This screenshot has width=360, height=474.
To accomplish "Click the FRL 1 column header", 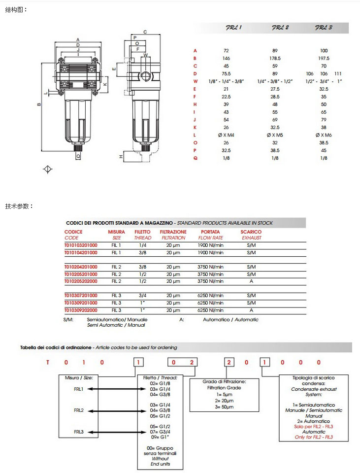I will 233,28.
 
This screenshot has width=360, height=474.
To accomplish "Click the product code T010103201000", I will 81,245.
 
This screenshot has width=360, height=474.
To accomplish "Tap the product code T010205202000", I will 81,281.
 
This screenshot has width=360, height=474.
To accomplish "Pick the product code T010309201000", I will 81,303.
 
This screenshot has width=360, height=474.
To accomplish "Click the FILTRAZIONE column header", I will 173,232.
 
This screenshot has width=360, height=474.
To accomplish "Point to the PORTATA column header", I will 210,232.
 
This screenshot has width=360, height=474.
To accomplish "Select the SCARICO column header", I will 251,232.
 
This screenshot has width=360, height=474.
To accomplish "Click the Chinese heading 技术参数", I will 18,206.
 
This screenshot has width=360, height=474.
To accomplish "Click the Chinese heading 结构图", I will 16,10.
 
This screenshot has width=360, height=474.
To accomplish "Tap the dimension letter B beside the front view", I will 39,104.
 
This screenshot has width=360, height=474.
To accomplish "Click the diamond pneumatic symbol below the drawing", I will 48,169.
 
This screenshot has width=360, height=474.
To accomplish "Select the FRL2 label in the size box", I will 79,410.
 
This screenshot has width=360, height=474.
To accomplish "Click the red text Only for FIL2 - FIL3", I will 314,437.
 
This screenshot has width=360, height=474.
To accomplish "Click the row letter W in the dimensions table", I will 196,81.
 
